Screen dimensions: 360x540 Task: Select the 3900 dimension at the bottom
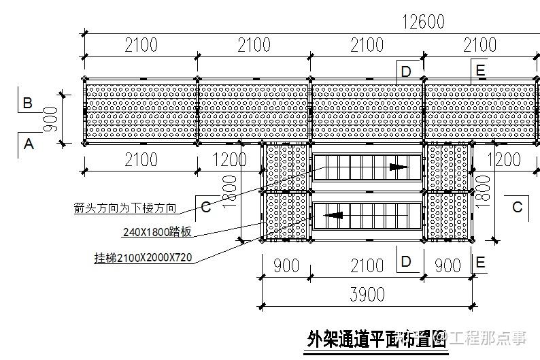pyautogui.click(x=367, y=294)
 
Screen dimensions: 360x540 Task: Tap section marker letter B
pyautogui.click(x=28, y=103)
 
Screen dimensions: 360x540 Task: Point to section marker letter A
pyautogui.click(x=28, y=144)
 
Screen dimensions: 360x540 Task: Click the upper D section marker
pyautogui.click(x=406, y=71)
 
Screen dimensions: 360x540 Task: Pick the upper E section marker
pyautogui.click(x=480, y=70)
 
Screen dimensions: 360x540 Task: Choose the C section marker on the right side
pyautogui.click(x=518, y=207)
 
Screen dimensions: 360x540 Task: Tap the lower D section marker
pyautogui.click(x=406, y=261)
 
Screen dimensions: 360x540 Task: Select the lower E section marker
pyautogui.click(x=480, y=262)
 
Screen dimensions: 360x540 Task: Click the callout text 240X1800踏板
pyautogui.click(x=157, y=232)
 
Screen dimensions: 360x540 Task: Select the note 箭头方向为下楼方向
pyautogui.click(x=125, y=208)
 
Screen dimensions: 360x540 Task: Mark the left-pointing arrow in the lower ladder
pyautogui.click(x=333, y=216)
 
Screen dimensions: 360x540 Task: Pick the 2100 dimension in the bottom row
pyautogui.click(x=367, y=265)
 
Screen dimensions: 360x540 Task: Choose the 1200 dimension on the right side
pyautogui.click(x=504, y=160)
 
